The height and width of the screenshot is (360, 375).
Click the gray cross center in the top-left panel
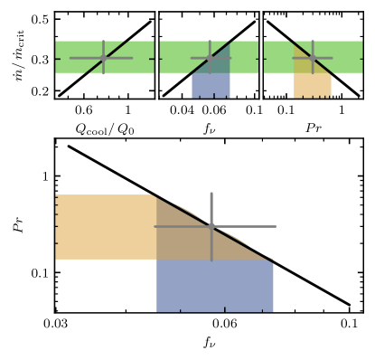tap(103, 58)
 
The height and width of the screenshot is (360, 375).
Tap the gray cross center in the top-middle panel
tap(210, 58)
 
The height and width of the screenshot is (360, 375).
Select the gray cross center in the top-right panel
tap(313, 58)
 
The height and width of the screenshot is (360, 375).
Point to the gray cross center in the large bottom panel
tap(211, 226)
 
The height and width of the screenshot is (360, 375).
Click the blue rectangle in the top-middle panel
tap(211, 85)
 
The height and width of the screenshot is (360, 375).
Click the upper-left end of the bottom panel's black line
tap(69, 146)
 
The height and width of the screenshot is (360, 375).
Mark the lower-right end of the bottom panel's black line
tap(349, 305)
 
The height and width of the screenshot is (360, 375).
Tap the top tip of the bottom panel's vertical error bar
tap(211, 193)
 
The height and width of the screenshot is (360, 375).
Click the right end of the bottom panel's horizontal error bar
tap(275, 226)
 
